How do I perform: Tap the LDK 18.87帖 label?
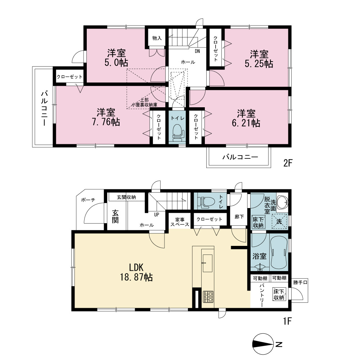coord(136,272)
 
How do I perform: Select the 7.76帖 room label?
coord(106,117)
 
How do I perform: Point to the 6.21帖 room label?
coord(246,118)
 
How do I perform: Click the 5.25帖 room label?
coord(259,59)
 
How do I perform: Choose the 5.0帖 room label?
coord(116,58)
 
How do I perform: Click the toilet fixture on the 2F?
coord(179,133)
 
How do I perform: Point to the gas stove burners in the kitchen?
coord(208,297)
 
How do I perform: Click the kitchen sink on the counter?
coord(208,264)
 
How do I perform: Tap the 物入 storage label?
coord(157,38)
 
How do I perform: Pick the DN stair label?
coord(197,51)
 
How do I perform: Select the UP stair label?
coord(156,215)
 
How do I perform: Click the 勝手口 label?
coord(300,282)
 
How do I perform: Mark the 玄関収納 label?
coord(126,197)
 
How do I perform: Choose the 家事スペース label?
coord(180,222)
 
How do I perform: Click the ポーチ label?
coord(88,200)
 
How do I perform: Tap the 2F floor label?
coord(288,163)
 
